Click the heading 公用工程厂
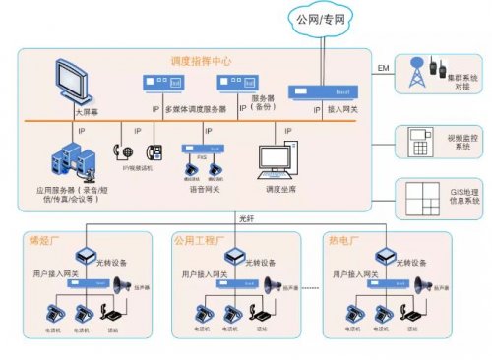coord(199,240)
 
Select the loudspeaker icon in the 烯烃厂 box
coord(124,286)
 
